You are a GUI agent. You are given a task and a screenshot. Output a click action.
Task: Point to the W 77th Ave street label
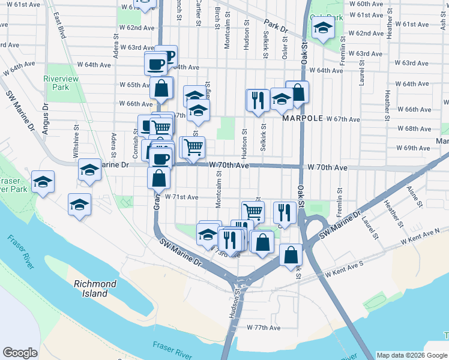pos(263,328)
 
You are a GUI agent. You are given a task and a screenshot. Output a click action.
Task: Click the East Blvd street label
pos(60,24)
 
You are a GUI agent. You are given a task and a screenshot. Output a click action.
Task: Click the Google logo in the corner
pos(20,353)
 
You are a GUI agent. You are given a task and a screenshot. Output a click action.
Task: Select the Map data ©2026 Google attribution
pos(412,355)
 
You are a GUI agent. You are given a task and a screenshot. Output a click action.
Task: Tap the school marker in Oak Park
pos(323,28)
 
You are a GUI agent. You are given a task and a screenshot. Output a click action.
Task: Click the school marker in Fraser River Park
pos(43,182)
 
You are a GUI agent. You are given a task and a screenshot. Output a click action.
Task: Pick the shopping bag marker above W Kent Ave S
pos(291,254)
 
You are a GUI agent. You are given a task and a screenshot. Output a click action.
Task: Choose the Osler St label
pos(285,42)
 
